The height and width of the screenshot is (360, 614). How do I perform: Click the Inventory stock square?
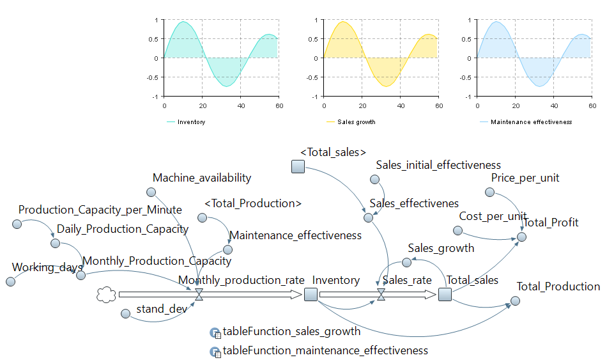(311, 294)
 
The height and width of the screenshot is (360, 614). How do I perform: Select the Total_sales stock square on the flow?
(445, 294)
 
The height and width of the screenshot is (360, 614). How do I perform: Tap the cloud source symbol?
(105, 294)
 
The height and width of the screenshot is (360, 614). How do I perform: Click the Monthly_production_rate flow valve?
(199, 294)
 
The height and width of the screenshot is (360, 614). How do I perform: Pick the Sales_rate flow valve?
(381, 294)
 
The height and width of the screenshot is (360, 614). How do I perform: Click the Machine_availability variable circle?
(151, 192)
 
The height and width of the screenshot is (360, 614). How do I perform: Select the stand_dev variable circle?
(126, 313)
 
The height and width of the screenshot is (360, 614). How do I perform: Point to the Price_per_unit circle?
(489, 192)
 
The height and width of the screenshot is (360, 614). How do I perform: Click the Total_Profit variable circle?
(521, 237)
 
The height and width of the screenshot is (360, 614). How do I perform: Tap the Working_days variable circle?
(10, 281)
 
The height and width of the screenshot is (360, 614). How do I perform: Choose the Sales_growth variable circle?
(406, 262)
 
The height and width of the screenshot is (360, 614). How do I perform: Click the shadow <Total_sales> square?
(298, 167)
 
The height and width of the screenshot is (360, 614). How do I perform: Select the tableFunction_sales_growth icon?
(215, 333)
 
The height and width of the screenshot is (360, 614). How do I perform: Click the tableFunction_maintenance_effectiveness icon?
(215, 351)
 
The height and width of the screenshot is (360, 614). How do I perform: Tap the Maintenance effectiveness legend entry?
(530, 121)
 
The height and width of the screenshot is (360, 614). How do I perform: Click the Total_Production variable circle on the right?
(516, 301)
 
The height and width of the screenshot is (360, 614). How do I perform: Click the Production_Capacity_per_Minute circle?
(17, 224)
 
